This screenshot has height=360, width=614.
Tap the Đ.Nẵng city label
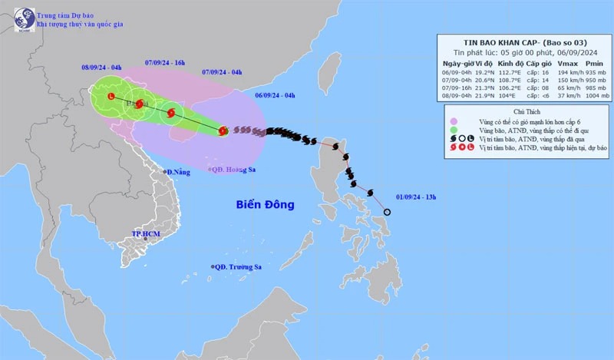point(179,171)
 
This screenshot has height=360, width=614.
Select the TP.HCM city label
point(145,233)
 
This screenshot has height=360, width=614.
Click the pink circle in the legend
point(454,121)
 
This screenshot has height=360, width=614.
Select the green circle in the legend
point(454,131)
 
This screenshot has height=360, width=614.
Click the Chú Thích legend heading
point(523,112)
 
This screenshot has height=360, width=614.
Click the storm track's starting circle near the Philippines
point(387,213)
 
